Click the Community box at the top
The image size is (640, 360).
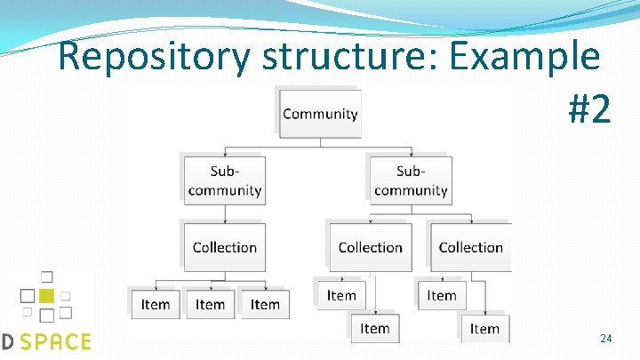[x=320, y=114]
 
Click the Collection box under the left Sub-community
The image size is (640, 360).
[x=224, y=247]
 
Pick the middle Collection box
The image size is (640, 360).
[x=371, y=247]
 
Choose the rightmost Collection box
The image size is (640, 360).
[x=470, y=247]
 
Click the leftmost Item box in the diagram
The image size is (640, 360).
[x=156, y=304]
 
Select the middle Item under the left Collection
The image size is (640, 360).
[x=210, y=304]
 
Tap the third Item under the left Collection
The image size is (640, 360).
[x=265, y=304]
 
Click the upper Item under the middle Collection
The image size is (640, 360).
[x=341, y=295]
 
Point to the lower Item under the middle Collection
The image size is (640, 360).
[x=375, y=329]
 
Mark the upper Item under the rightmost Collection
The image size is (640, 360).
[x=442, y=295]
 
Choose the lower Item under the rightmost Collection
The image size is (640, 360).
[x=484, y=329]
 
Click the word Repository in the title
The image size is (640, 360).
[x=155, y=58]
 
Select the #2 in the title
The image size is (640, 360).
[x=588, y=109]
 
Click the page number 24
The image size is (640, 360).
[x=605, y=339]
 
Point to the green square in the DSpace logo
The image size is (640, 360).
[x=47, y=295]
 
